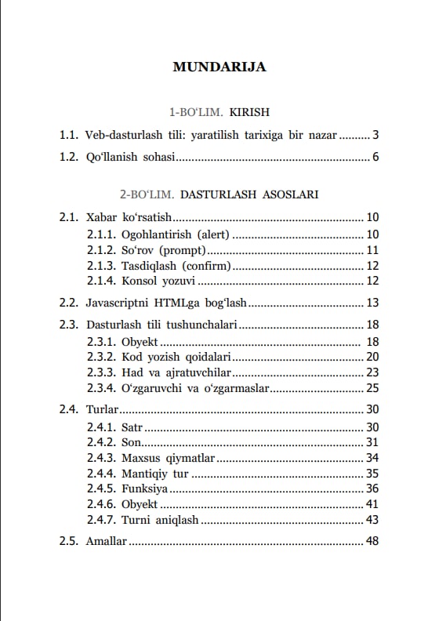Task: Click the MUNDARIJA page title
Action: pyautogui.click(x=219, y=67)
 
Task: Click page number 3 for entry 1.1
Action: pyautogui.click(x=375, y=135)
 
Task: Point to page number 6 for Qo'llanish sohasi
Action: pyautogui.click(x=375, y=158)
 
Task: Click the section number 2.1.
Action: pyautogui.click(x=69, y=217)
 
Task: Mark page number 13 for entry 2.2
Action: pyautogui.click(x=372, y=302)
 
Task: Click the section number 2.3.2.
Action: pyautogui.click(x=101, y=357)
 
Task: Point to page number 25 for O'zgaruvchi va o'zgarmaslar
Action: pyautogui.click(x=372, y=388)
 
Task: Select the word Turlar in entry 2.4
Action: pyautogui.click(x=103, y=409)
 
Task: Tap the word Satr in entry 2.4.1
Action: pyautogui.click(x=132, y=427)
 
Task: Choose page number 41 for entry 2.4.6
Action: pyautogui.click(x=372, y=503)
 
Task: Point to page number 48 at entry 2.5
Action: pyautogui.click(x=372, y=541)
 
